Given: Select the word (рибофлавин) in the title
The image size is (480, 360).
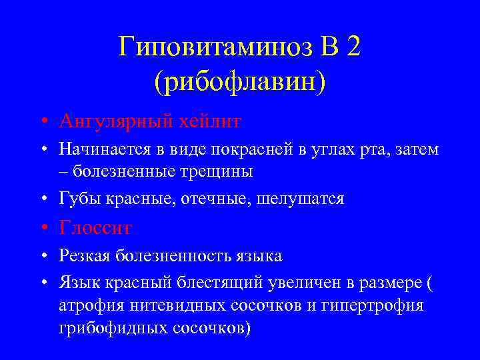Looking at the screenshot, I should point(240,82).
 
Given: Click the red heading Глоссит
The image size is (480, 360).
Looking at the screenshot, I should point(95,228).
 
